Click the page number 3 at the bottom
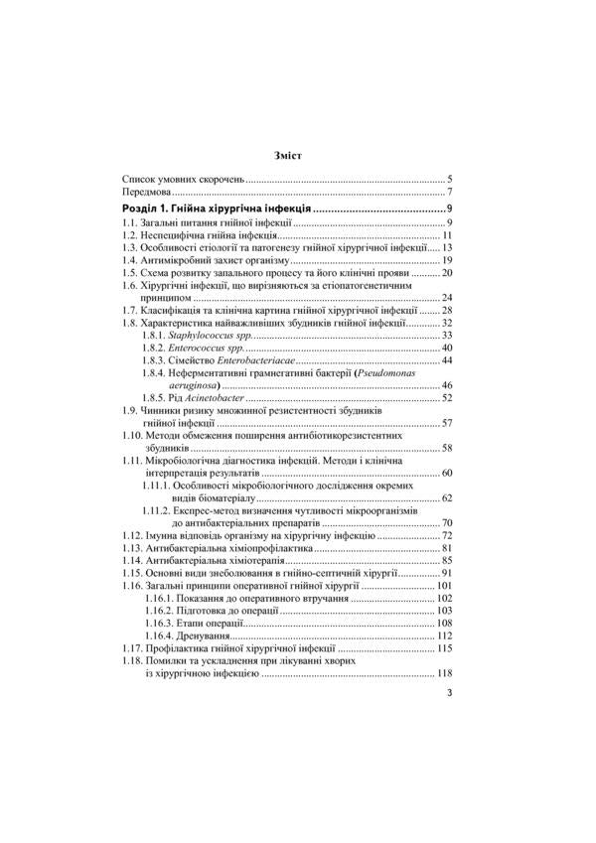450,693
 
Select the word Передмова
140,192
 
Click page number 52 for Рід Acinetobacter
447,397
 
